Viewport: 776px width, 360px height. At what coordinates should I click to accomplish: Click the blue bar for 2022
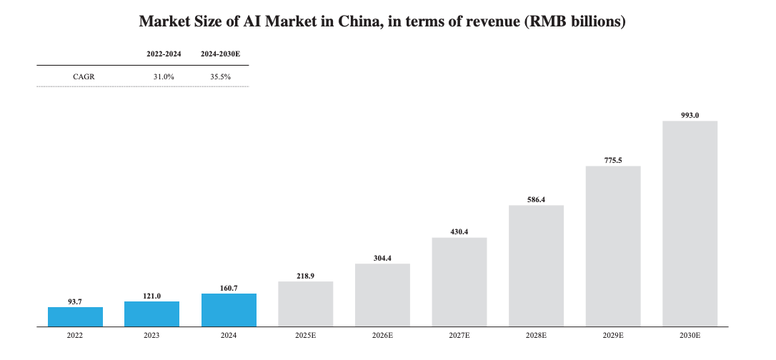(75, 316)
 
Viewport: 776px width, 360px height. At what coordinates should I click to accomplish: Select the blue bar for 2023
(151, 314)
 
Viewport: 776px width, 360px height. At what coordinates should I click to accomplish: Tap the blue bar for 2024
(229, 309)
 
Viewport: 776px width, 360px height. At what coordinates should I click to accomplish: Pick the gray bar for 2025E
(305, 304)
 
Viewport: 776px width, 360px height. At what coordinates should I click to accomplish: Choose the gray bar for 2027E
(459, 281)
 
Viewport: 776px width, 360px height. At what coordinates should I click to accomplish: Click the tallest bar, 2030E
(690, 223)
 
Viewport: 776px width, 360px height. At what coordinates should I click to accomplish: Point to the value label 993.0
(690, 115)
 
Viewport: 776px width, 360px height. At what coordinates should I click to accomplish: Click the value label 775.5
(613, 161)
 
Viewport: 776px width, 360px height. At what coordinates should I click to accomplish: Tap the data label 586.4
(536, 200)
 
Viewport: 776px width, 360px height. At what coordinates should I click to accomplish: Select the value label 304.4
(382, 259)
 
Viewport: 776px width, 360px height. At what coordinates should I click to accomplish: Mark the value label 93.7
(75, 302)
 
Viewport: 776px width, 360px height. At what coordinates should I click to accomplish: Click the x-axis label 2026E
(382, 335)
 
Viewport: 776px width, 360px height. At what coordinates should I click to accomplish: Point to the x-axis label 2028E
(536, 335)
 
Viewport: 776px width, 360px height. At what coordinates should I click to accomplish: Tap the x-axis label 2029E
(613, 335)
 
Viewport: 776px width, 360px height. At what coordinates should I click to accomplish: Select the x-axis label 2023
(151, 335)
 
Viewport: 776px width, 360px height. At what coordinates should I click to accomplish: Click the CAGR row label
(84, 76)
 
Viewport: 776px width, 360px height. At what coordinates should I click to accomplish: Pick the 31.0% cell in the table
(164, 76)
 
